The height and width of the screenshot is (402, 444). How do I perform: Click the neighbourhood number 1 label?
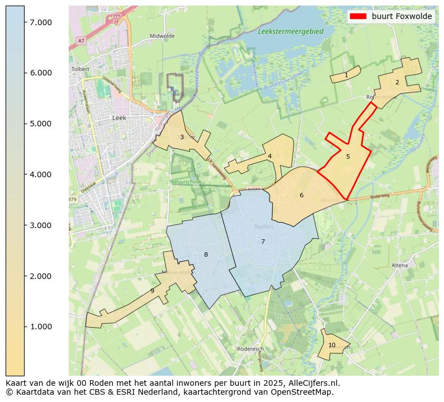pos(346,75)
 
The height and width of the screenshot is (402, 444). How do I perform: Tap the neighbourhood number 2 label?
pos(397,82)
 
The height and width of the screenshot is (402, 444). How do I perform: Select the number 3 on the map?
pos(182,137)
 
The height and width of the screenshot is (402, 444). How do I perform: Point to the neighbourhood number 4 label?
pos(270,157)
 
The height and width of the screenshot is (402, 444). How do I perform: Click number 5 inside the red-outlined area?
pos(348,157)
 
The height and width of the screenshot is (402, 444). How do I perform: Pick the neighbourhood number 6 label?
pos(301,196)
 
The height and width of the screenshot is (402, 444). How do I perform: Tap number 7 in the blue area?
pos(263,242)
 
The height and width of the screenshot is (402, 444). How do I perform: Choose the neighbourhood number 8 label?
pos(206,255)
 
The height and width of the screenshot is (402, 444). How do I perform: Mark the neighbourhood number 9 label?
pos(152,291)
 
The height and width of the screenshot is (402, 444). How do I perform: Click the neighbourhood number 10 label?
pos(332,345)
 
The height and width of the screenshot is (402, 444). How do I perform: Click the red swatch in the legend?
pos(358,16)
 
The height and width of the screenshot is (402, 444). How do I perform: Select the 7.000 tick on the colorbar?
pos(41,22)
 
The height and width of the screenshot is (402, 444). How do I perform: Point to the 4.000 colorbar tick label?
pos(41,174)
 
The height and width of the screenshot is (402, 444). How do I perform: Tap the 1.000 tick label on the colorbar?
pos(41,327)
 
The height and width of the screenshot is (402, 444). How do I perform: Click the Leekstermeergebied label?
pos(291,32)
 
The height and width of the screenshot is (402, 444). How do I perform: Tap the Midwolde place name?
pos(162,36)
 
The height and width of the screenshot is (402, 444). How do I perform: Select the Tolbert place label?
pos(81,69)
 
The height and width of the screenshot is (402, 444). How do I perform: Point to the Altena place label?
pos(400,265)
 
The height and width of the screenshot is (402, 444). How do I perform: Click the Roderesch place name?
pos(250,349)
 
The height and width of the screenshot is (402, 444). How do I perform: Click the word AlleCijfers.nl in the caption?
pos(312,383)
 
